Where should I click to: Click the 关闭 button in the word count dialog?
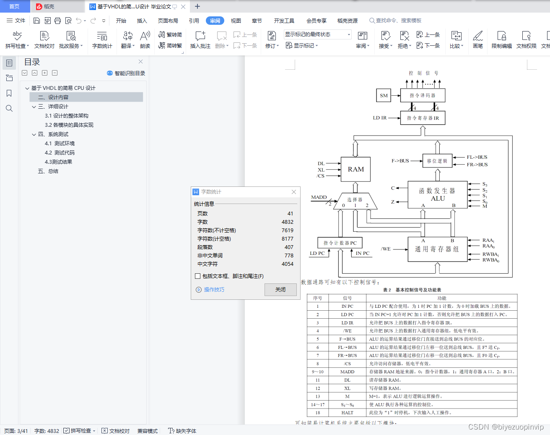pos(280,290)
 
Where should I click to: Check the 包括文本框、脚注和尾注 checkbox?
pos(198,276)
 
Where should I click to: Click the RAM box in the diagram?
pos(355,169)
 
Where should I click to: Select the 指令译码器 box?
pos(423,95)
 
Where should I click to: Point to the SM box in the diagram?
pos(384,95)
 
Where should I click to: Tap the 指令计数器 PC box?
pos(340,243)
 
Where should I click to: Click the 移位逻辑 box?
pos(437,161)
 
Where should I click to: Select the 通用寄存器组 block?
pos(437,249)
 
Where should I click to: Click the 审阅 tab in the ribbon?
pos(215,21)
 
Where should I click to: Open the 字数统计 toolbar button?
pos(102,40)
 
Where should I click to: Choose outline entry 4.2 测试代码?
pos(60,153)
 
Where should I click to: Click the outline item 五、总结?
pos(48,171)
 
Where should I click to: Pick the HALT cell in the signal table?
pos(347,413)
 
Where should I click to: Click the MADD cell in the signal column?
pos(347,372)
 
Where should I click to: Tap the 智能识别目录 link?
pos(126,73)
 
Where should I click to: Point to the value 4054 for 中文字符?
pos(288,264)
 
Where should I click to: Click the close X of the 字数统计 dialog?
pos(294,192)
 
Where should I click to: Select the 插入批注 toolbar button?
pos(200,40)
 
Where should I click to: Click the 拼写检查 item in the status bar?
pos(80,431)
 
